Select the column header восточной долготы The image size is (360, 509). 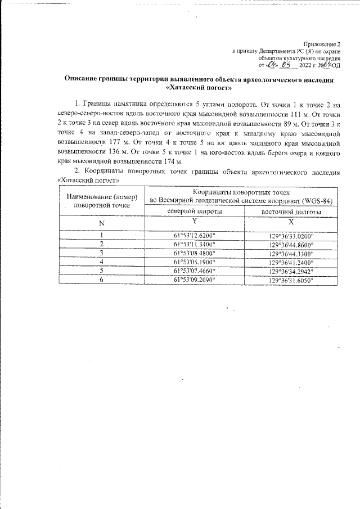coord(291,212)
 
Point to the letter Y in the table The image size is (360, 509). coord(194,222)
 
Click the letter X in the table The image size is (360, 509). coord(291,222)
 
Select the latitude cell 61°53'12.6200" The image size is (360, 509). coord(194,235)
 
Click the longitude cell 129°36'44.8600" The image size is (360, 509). coord(291,245)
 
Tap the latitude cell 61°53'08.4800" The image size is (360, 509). coord(194,253)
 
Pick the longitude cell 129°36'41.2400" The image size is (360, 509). coord(291,262)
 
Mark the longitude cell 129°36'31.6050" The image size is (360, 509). coord(291,280)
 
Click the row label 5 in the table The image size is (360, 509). coord(101,271)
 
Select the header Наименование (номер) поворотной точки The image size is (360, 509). coord(102,201)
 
